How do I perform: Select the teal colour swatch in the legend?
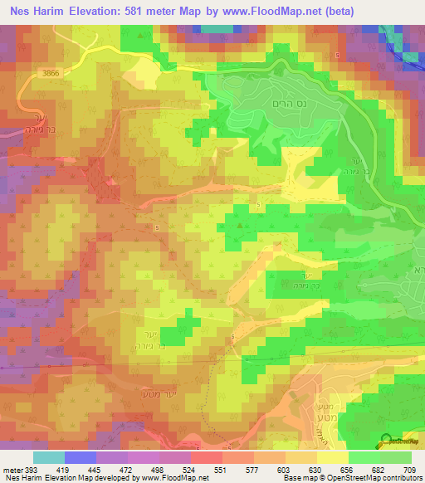click(49, 457)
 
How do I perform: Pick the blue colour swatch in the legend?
click(81, 457)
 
